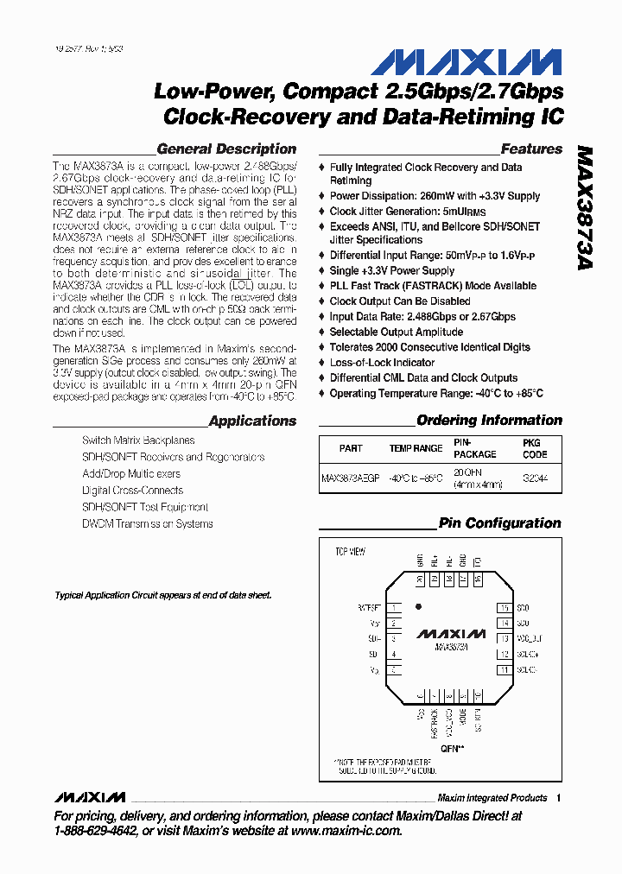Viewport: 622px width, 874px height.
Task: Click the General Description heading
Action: pos(226,149)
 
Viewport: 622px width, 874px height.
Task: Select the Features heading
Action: pos(531,149)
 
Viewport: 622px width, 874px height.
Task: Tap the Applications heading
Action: pos(252,421)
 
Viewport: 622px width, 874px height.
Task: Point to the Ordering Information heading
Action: pos(489,421)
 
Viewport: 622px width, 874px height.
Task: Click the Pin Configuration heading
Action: pos(499,523)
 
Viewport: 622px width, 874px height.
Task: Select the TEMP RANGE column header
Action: pos(416,448)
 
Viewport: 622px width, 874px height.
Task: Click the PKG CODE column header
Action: pos(535,448)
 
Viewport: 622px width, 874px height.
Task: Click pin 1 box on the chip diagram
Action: pos(394,608)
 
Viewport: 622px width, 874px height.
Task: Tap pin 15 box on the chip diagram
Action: pos(504,608)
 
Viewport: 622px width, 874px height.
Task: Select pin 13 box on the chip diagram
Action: pos(504,638)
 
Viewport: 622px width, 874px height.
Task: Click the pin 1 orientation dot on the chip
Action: pos(419,606)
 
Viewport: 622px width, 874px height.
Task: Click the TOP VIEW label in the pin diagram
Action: pos(350,551)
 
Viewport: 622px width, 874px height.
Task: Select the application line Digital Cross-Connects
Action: pos(131,491)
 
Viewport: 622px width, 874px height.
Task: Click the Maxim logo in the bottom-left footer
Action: pos(89,796)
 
